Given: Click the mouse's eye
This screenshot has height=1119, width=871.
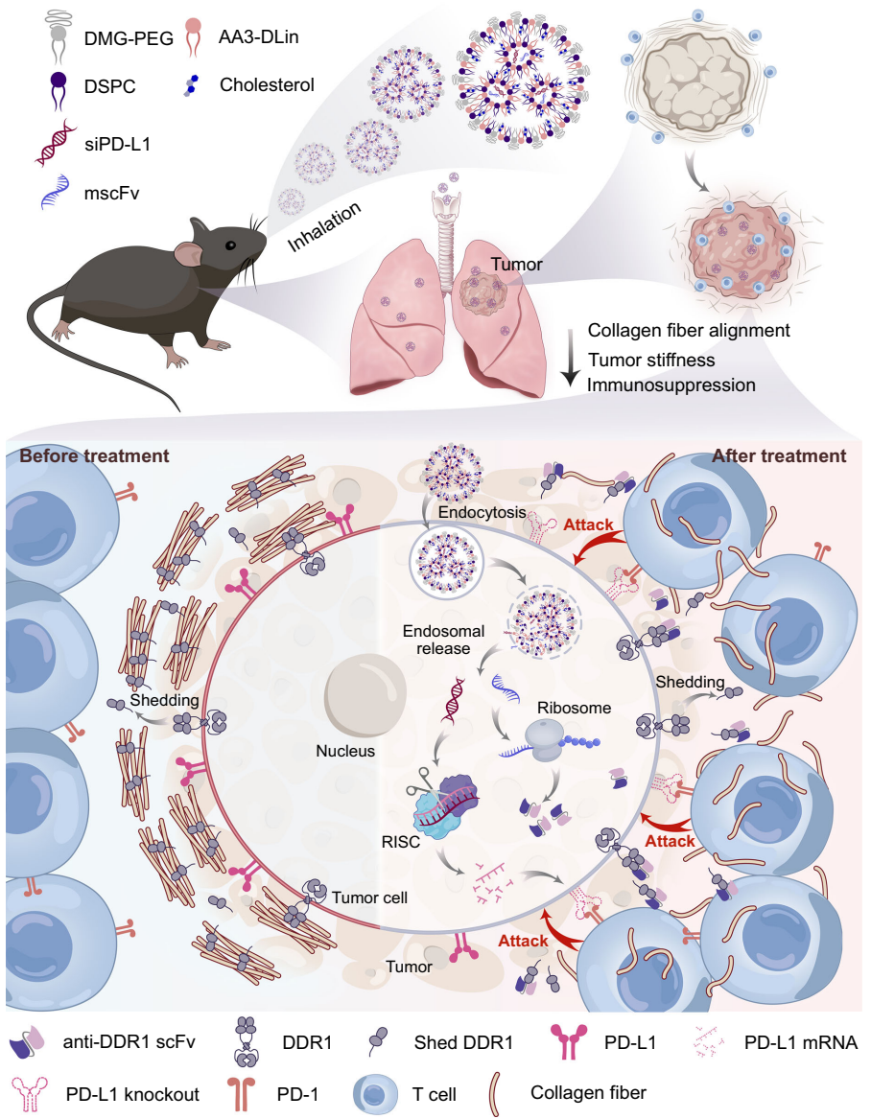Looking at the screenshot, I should (x=232, y=245).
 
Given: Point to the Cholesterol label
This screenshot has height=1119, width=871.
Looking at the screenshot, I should (x=267, y=84).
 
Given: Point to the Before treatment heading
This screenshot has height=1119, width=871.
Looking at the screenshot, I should (x=95, y=455).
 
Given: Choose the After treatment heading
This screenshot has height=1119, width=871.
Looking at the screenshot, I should (x=779, y=456).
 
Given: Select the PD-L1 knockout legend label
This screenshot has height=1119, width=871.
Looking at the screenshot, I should (x=133, y=1092).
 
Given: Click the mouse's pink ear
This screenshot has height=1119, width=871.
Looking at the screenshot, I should (x=189, y=255).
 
